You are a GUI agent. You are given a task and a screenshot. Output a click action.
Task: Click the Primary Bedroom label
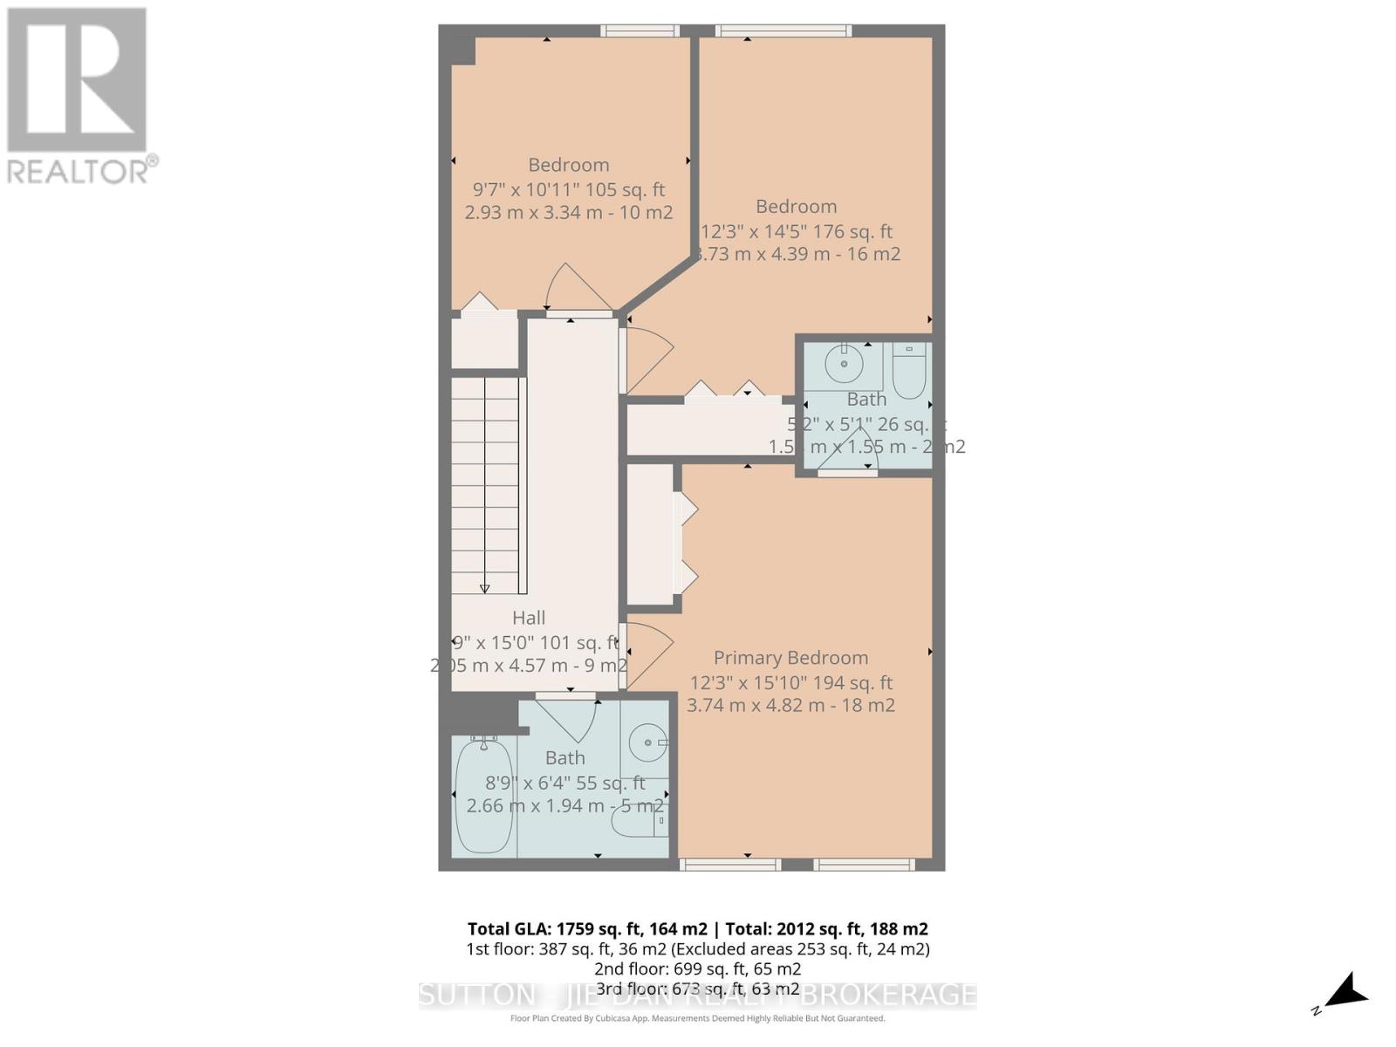[790, 658]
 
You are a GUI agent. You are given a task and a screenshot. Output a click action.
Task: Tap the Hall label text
[529, 618]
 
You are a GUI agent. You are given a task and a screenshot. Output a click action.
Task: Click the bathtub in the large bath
[482, 797]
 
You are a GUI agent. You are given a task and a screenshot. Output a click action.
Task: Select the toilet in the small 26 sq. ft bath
[909, 372]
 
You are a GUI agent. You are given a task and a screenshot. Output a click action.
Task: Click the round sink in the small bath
[844, 363]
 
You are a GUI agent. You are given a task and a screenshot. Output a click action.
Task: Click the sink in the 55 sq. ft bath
[648, 742]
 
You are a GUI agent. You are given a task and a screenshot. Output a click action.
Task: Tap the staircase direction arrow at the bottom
[485, 588]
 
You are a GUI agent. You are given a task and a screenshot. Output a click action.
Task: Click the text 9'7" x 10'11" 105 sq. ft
[569, 189]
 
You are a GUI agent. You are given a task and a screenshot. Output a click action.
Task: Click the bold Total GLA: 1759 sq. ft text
[587, 928]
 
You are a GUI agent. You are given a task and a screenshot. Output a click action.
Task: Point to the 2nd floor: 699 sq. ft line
[698, 968]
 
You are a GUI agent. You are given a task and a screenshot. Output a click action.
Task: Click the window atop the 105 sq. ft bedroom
[640, 31]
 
